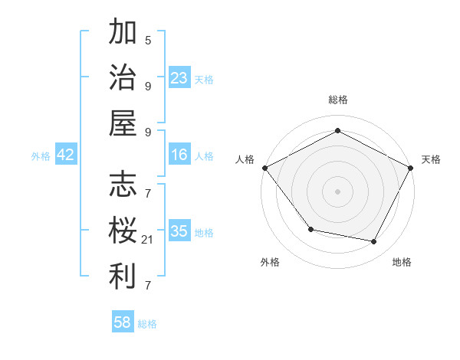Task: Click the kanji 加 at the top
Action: click(x=123, y=34)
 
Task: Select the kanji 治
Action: click(x=123, y=78)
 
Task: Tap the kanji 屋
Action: click(x=123, y=123)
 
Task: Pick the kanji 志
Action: click(x=123, y=185)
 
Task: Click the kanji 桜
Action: click(x=123, y=231)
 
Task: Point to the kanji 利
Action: click(x=123, y=276)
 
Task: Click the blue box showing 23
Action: click(x=179, y=77)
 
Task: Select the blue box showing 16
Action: click(x=179, y=155)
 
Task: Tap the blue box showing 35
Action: click(x=179, y=231)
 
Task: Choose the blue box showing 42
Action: click(x=66, y=155)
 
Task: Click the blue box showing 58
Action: click(x=123, y=322)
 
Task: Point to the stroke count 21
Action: click(x=148, y=241)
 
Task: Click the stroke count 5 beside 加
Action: click(x=148, y=40)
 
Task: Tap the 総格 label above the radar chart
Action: click(x=337, y=100)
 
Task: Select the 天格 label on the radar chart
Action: click(x=432, y=159)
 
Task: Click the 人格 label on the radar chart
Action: click(x=245, y=159)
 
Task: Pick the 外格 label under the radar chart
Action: click(x=269, y=262)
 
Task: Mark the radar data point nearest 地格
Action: click(x=373, y=241)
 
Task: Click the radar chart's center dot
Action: click(x=337, y=191)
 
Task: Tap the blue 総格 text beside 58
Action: click(x=147, y=324)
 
